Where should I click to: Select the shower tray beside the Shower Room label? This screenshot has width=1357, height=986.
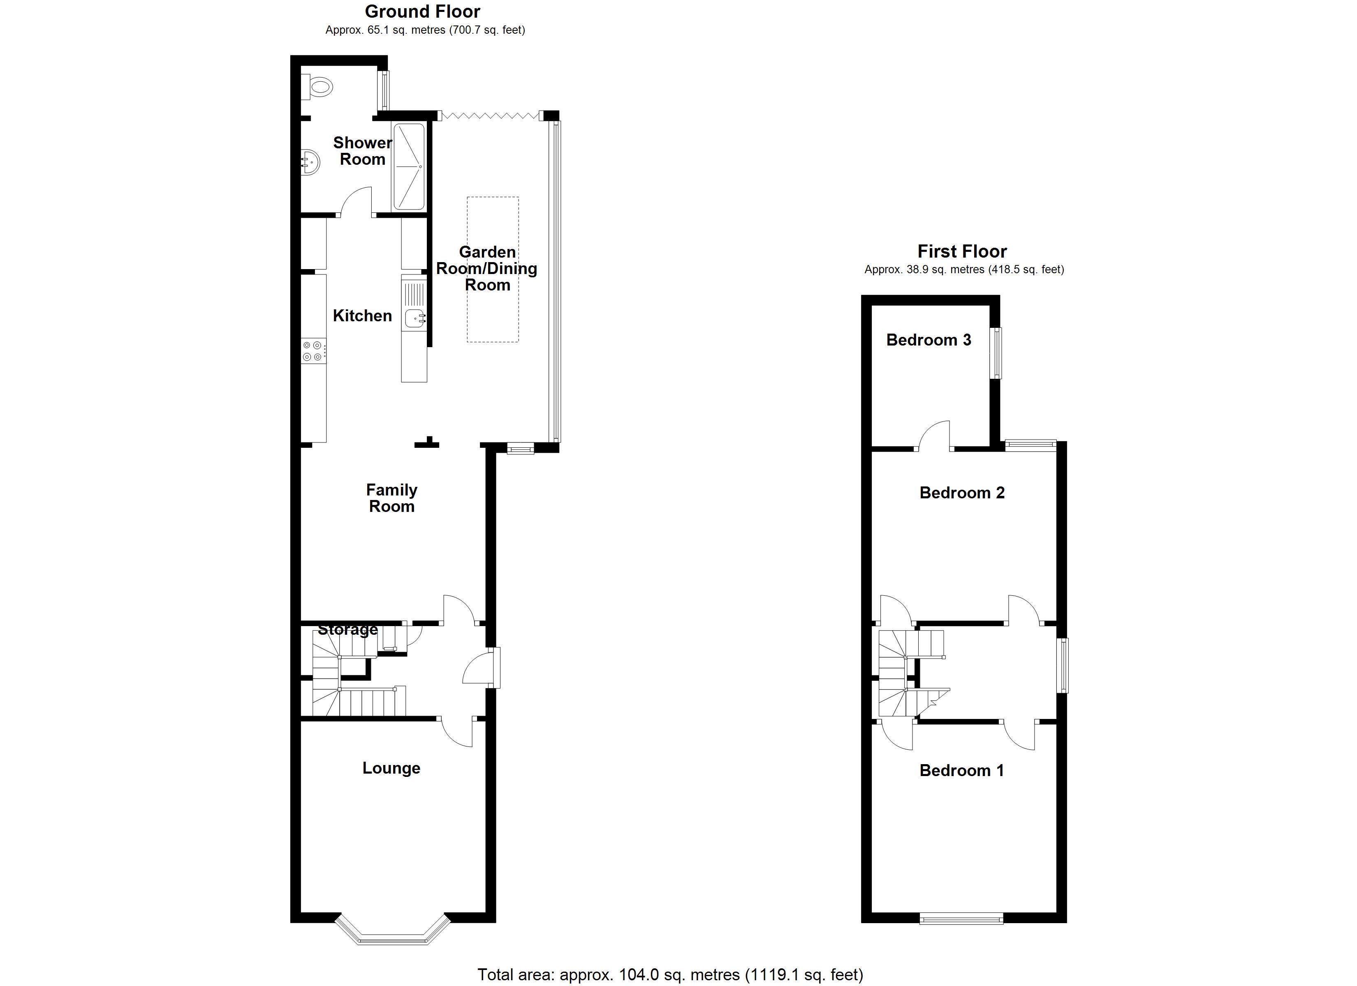[x=409, y=167]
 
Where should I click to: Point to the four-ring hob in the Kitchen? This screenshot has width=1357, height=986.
[x=313, y=351]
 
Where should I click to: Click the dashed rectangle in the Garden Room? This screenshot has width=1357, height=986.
[x=492, y=270]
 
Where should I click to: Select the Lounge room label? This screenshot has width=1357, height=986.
[x=391, y=768]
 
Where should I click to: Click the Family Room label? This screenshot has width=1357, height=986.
[x=391, y=498]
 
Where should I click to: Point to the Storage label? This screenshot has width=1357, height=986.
[x=347, y=630]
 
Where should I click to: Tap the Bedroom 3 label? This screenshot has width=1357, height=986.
[x=929, y=340]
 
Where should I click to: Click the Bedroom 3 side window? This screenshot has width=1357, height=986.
[x=997, y=353]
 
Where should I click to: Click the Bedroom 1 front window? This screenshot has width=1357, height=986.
[x=961, y=919]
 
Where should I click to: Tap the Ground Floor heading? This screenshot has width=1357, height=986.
[x=422, y=12]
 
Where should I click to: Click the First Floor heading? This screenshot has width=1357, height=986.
[x=962, y=251]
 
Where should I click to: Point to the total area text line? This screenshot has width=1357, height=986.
[x=670, y=975]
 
